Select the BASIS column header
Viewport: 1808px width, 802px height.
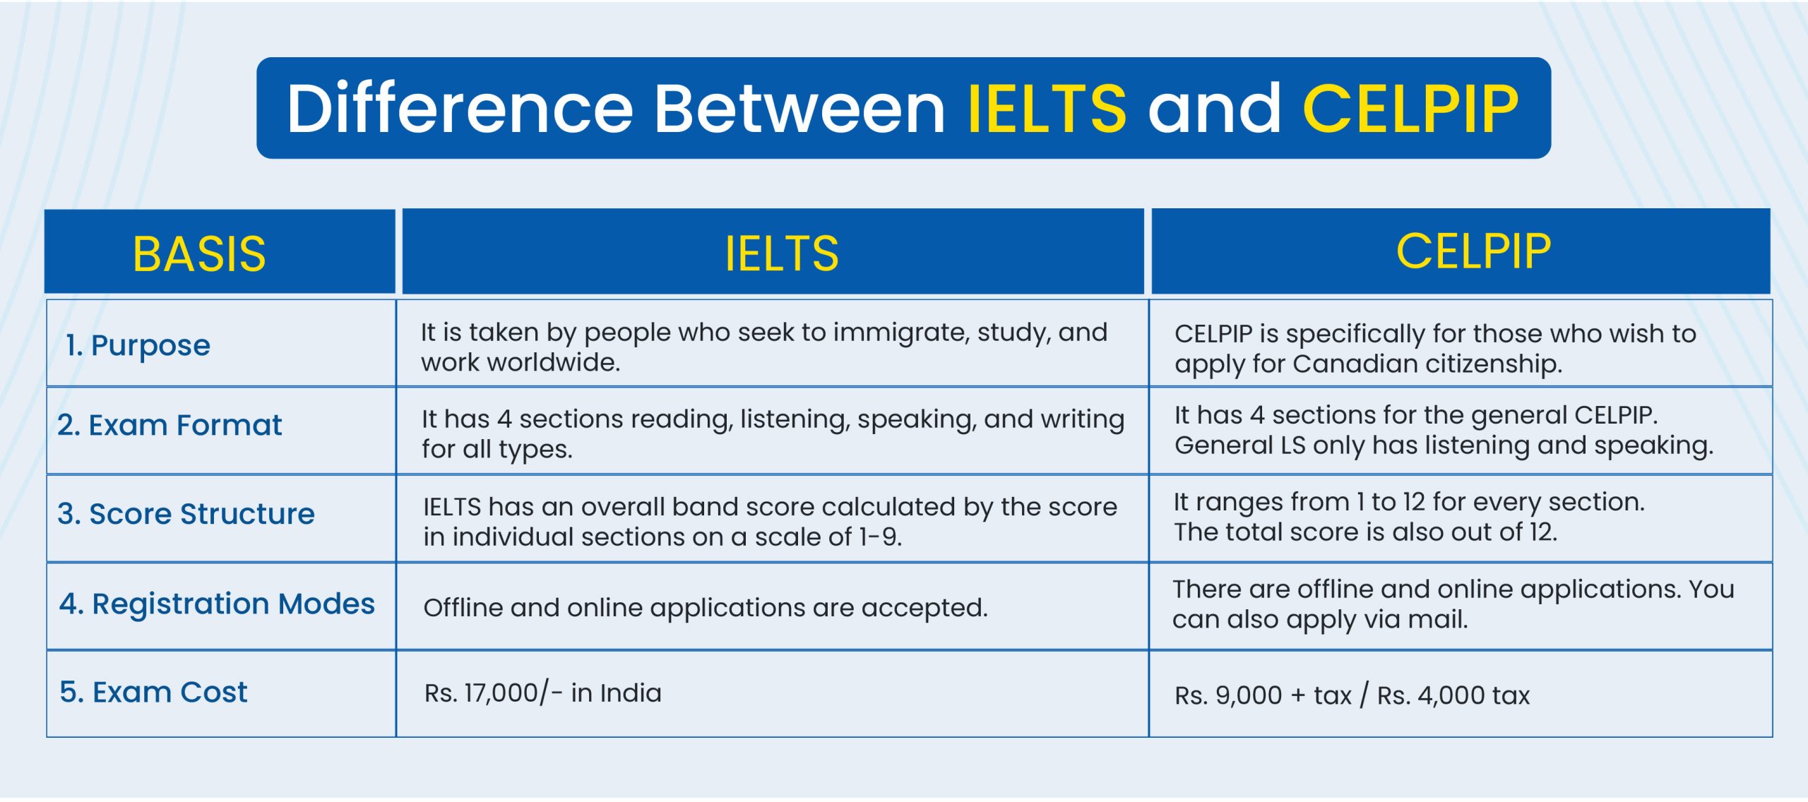coord(199,253)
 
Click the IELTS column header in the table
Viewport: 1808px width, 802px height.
coord(782,253)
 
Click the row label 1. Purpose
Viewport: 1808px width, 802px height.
coord(138,345)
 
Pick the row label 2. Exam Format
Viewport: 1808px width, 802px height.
coord(169,425)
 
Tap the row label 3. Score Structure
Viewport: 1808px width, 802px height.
coord(186,513)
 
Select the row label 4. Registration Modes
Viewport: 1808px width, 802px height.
coord(217,604)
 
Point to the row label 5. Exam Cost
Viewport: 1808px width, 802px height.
coord(153,692)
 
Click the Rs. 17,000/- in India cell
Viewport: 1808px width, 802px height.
coord(542,693)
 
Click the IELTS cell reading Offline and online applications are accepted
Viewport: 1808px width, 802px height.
coord(705,608)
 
